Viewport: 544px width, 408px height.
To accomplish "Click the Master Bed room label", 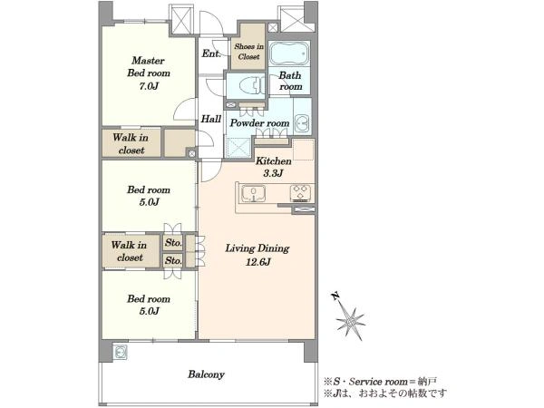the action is (x=149, y=73).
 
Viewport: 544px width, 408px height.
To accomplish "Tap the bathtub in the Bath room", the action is (x=289, y=53).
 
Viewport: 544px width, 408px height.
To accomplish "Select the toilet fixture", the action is (x=249, y=85).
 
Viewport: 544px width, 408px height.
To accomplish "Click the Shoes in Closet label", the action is (x=248, y=52).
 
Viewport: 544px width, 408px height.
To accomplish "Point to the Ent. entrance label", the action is (x=211, y=53).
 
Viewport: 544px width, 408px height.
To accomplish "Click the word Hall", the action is (x=211, y=119).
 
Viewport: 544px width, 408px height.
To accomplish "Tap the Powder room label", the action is (x=259, y=123).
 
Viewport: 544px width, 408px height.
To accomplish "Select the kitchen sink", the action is (x=253, y=194).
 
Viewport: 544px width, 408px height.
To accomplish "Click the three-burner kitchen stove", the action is (x=300, y=193).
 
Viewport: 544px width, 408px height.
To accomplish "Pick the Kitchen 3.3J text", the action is (x=274, y=167).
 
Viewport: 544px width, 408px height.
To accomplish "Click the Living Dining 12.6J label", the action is (x=257, y=255).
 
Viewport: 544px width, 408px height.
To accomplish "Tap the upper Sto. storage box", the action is (x=173, y=242).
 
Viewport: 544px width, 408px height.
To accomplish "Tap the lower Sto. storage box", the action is (x=173, y=260).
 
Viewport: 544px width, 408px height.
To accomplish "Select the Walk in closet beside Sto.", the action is (x=130, y=251).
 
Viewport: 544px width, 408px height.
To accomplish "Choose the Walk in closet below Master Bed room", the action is (x=131, y=143).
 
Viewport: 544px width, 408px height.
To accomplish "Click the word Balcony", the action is (x=206, y=374).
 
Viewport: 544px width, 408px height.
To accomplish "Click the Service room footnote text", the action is (x=380, y=382).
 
